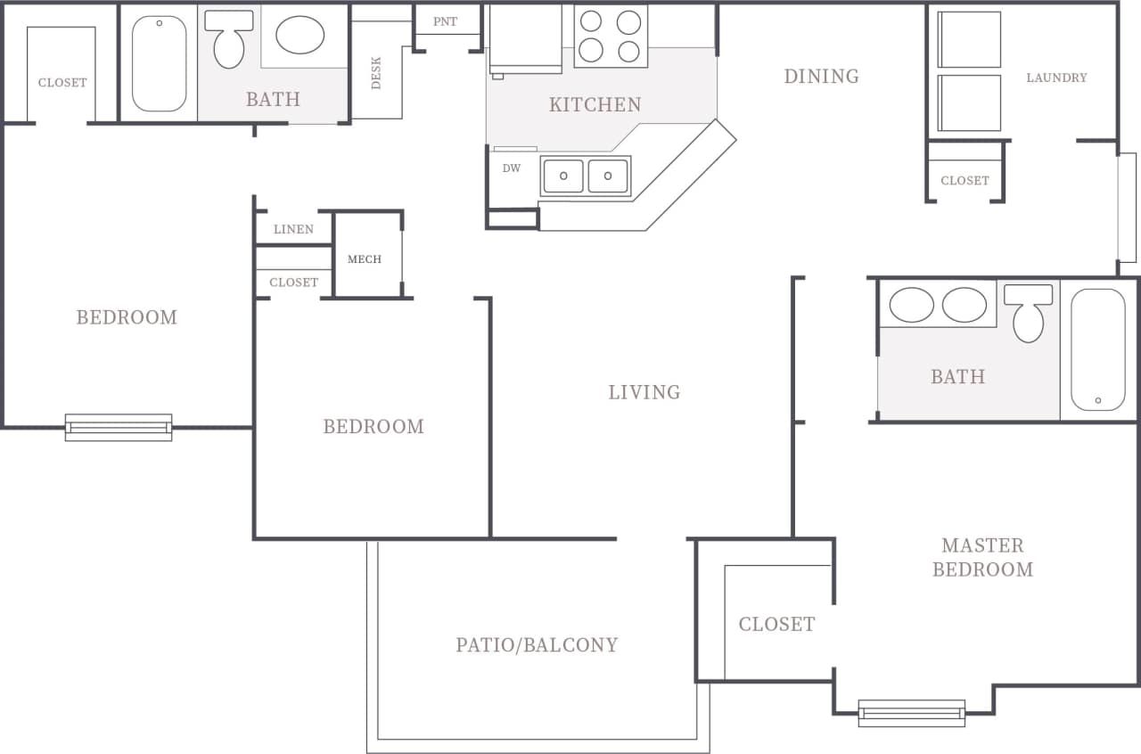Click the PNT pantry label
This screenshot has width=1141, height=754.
tap(445, 21)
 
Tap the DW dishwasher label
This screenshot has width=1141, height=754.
tap(511, 168)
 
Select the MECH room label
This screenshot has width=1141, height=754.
tap(364, 259)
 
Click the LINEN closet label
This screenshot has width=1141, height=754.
tap(293, 229)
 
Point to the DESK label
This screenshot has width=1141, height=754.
tap(376, 74)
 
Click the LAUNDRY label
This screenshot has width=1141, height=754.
tap(1056, 78)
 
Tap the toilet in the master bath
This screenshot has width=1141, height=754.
tap(1028, 314)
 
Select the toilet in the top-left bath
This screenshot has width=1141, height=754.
tap(229, 40)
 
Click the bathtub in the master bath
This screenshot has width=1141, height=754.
tap(1097, 349)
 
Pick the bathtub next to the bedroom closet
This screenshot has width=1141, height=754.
tap(160, 63)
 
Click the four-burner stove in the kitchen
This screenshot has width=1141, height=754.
tap(610, 37)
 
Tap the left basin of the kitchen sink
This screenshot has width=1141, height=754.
tap(563, 176)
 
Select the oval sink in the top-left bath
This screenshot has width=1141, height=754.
tap(300, 35)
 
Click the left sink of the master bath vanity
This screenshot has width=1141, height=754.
tap(911, 305)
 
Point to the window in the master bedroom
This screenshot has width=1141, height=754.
tap(911, 712)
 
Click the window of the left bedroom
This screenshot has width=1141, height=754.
tap(119, 428)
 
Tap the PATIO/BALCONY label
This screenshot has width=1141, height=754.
tap(537, 645)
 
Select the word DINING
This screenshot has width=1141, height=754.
tap(821, 77)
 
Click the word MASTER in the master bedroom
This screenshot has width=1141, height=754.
tap(982, 545)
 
